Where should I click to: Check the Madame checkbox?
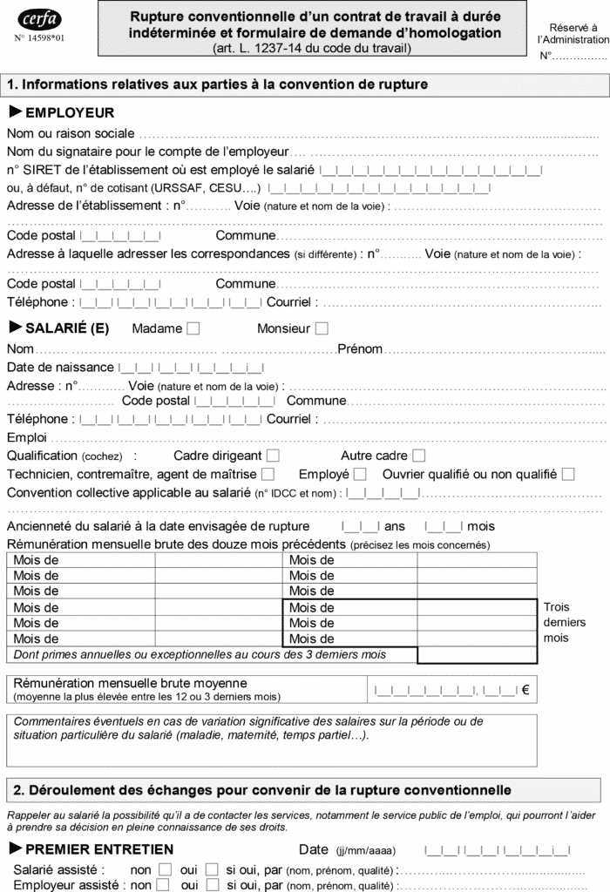pos(193,328)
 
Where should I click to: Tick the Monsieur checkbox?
pos(322,328)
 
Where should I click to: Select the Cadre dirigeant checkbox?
pos(274,455)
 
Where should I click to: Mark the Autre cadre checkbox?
pos(419,455)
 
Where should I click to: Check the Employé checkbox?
pos(360,474)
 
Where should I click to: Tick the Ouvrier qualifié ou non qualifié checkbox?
pos(568,474)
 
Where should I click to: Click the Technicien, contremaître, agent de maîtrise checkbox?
pos(268,474)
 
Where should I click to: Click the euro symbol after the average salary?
pos(525,690)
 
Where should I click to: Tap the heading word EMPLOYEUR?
pos(70,112)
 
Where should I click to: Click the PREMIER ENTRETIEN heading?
pos(99,849)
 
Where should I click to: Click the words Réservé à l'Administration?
pos(573,34)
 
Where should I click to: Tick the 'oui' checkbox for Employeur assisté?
pos(212,885)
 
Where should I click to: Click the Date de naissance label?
pos(60,367)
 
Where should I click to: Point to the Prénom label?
pos(360,348)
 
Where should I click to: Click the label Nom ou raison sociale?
pos(71,133)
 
